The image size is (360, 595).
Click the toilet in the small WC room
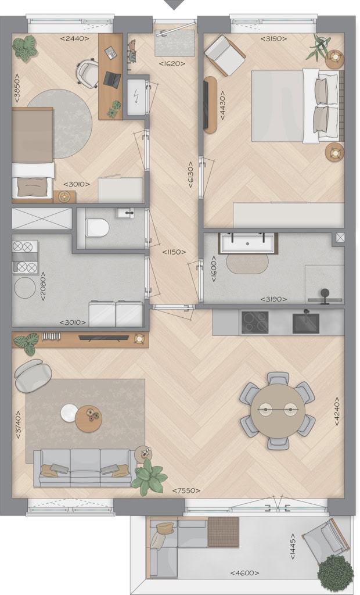click(97, 228)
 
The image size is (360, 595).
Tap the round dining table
click(278, 411)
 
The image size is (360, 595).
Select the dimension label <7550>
click(186, 490)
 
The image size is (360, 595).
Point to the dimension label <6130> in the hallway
click(190, 175)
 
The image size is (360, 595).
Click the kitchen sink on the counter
click(306, 322)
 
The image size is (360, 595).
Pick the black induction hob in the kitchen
click(255, 322)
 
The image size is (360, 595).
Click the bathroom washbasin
click(247, 243)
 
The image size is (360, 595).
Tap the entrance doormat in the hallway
click(175, 43)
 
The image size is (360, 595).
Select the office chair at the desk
click(88, 74)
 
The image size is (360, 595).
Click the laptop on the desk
click(112, 80)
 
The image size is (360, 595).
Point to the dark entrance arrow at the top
click(175, 5)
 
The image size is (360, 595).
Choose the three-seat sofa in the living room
click(84, 468)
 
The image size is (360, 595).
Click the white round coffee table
click(70, 413)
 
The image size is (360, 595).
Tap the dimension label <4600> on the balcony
click(244, 573)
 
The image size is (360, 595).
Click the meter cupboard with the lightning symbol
click(136, 97)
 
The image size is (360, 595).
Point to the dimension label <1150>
click(174, 252)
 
